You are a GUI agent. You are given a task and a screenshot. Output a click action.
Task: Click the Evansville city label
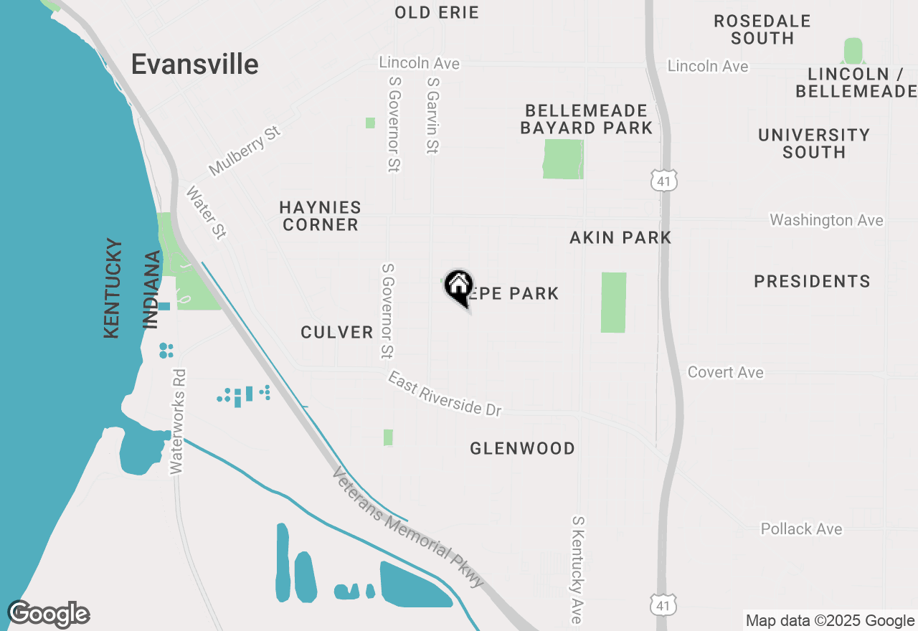point(194,65)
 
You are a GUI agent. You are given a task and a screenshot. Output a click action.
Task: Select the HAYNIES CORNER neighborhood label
point(320,216)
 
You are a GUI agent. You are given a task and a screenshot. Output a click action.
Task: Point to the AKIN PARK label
point(620,237)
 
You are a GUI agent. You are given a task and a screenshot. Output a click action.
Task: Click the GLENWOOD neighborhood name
point(522,449)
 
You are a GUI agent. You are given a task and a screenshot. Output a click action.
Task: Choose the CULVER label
point(337,332)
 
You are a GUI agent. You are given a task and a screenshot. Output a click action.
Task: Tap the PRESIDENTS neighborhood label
point(812,281)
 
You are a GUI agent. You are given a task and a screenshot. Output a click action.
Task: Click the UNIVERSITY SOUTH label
point(814,143)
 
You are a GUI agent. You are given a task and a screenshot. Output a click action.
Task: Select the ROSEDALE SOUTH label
point(762,29)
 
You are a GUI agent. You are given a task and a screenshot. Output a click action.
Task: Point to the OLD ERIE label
point(437,12)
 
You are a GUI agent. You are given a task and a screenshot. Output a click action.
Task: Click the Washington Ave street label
point(826,220)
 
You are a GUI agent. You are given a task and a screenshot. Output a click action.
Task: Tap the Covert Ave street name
point(725,372)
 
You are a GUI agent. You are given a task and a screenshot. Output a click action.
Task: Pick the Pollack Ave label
point(801,529)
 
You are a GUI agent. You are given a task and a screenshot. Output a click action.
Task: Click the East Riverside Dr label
point(445,394)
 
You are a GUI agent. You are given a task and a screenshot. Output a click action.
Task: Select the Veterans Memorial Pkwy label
point(409,528)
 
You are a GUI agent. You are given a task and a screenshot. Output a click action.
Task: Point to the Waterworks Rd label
point(178,421)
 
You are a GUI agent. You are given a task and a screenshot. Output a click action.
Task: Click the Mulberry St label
point(245,152)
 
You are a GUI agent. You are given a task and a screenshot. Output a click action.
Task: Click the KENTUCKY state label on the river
point(113,288)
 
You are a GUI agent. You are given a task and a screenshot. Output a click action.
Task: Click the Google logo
point(49,615)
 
